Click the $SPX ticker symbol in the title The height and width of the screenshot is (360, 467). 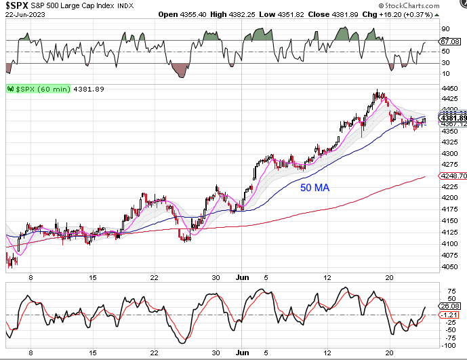point(19,5)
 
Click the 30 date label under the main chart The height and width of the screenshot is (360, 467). point(216,277)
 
